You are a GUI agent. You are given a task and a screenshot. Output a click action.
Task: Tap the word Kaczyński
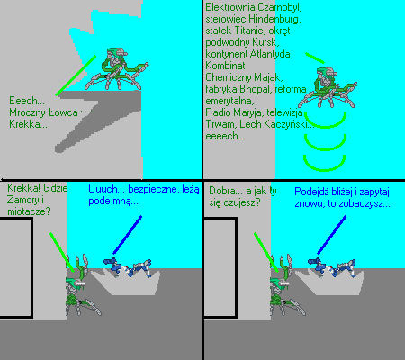(x=288, y=124)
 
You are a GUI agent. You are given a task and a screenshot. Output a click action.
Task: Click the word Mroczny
(x=28, y=112)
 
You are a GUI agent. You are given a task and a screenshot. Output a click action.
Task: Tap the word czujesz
(x=241, y=202)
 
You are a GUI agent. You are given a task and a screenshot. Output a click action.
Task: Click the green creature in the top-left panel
(x=116, y=69)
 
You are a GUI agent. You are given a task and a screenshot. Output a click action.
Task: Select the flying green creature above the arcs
(x=328, y=87)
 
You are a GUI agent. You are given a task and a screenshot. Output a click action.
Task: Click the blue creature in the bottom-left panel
(x=127, y=267)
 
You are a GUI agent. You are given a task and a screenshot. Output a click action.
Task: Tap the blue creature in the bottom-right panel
(x=332, y=267)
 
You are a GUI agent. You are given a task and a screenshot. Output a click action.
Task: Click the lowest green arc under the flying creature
(x=324, y=169)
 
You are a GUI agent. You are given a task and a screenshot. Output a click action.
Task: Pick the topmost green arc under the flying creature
(x=325, y=126)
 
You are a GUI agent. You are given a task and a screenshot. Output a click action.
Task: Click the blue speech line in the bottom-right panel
(x=331, y=235)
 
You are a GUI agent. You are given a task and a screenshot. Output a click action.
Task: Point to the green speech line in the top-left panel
(x=76, y=76)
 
